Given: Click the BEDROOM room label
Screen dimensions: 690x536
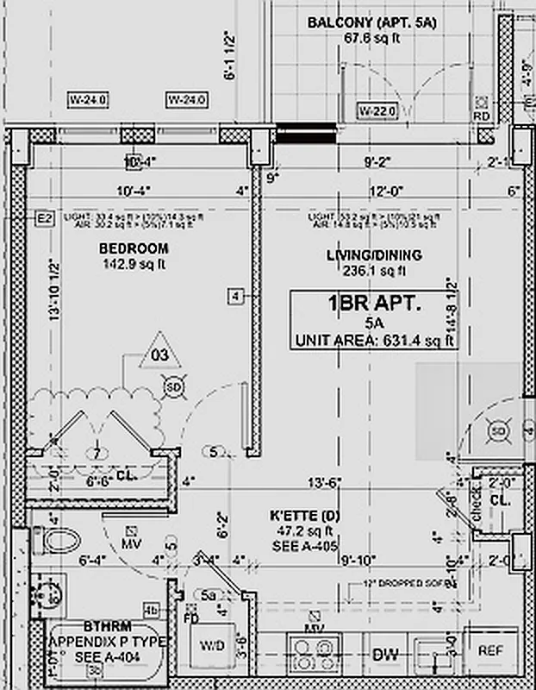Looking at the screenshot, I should (134, 248).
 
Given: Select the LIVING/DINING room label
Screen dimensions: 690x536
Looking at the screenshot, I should (373, 255).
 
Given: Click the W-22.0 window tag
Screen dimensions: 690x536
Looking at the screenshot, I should (377, 110).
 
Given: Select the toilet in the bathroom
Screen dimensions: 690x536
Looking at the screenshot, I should (59, 541).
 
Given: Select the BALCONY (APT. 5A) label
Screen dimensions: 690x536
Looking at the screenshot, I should (372, 22).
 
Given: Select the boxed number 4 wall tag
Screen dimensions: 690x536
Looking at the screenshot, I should (236, 297).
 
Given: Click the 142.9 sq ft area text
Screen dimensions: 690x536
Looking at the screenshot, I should (134, 264).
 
